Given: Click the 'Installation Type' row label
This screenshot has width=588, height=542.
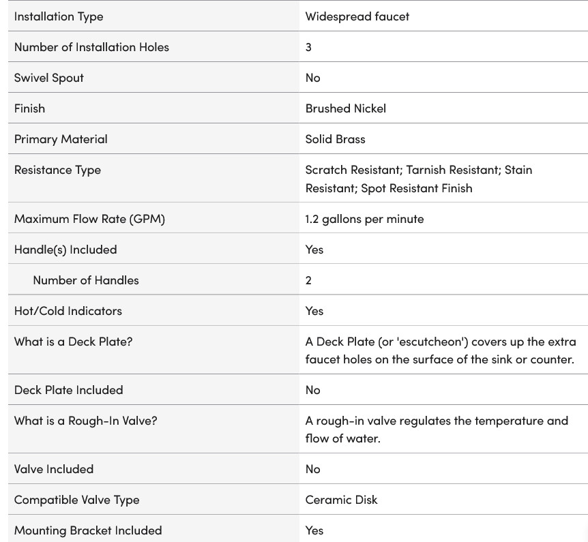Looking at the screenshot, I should [59, 16].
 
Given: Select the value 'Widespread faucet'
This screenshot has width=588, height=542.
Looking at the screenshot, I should [357, 16].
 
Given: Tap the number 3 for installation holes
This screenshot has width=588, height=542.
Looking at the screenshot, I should [308, 47].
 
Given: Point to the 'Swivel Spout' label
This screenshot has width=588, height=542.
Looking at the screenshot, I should [48, 78].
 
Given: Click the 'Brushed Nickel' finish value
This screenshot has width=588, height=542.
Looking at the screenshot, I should [345, 108].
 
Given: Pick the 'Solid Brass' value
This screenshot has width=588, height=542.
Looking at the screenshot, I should [335, 139].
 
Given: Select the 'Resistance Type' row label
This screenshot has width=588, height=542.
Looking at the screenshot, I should [57, 170].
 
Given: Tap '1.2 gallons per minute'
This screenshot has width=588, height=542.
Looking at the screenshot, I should [364, 219].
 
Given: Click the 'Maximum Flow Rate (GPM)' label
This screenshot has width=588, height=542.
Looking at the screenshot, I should [89, 219].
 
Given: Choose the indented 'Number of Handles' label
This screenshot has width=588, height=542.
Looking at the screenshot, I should [85, 280].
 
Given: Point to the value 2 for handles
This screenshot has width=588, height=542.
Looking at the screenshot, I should [308, 280].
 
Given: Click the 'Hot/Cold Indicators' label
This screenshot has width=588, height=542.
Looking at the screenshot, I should [68, 311].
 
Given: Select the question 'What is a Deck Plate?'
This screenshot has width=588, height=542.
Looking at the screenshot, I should [73, 342].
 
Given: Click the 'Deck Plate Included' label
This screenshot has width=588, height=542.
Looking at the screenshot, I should [68, 390].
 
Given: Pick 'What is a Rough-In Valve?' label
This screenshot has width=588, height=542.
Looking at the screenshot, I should [85, 421].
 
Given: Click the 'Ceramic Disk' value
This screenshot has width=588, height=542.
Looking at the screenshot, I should [341, 500].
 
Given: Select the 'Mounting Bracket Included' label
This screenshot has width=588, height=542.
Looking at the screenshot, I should [88, 530].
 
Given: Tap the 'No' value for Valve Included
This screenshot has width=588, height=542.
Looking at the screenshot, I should [312, 469].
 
